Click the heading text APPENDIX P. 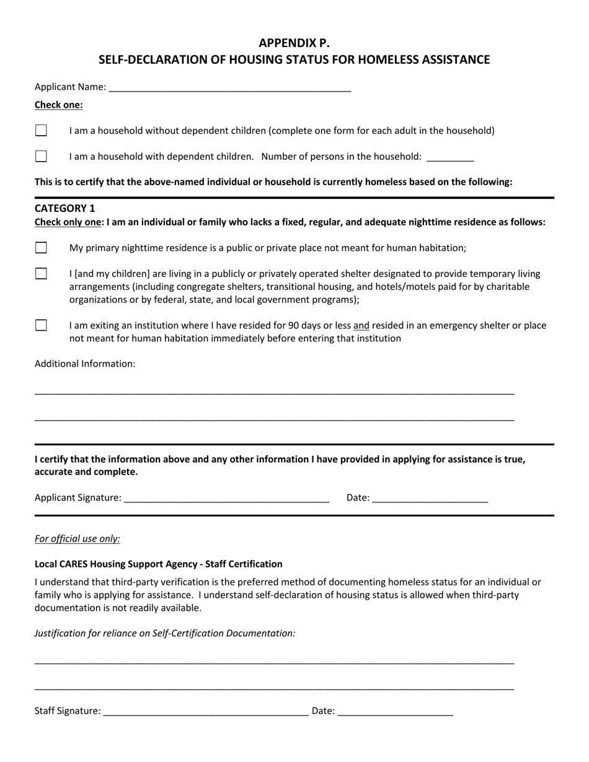(294, 43)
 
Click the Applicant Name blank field (229, 87)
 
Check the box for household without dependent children (41, 131)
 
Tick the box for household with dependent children (41, 156)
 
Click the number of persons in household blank (450, 157)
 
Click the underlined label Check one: (58, 105)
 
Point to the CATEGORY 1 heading (64, 208)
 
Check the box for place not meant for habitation (41, 248)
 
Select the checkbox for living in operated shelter (41, 273)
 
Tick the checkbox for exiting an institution (41, 325)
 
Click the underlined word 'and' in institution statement (361, 325)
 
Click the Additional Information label (84, 364)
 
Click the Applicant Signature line (226, 497)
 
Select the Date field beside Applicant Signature (430, 497)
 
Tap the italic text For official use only (77, 538)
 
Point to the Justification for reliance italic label (165, 633)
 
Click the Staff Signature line (205, 711)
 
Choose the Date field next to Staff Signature (395, 711)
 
